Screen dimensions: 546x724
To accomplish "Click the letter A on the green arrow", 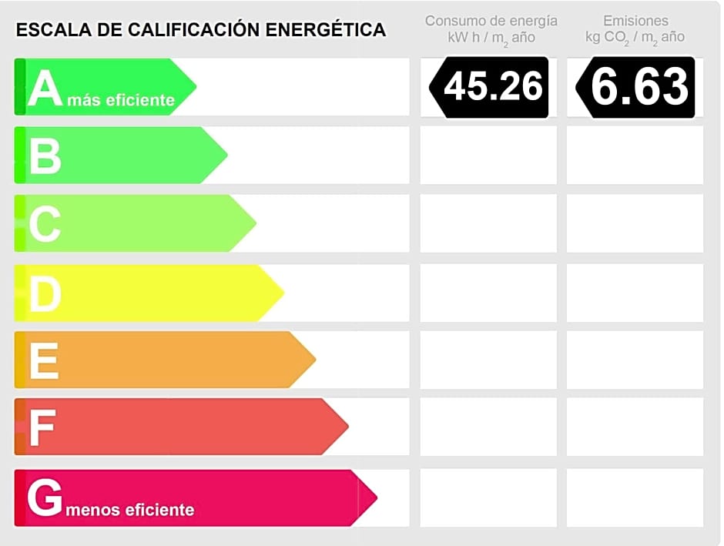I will (45, 88).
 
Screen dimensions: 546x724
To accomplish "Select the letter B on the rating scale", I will (45, 156).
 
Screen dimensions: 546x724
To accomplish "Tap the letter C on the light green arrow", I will (45, 224).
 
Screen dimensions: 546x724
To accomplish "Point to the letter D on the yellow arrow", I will (45, 293).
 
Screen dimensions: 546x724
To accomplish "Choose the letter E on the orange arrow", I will (44, 360).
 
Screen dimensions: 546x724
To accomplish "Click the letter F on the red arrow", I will (42, 428).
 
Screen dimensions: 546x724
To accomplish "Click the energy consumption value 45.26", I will (493, 86).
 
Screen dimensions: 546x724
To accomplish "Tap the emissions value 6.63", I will (639, 86).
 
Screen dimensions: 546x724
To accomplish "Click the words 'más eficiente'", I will (121, 100).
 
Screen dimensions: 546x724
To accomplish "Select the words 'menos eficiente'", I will (130, 510).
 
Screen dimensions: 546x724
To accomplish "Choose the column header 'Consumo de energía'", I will (491, 21).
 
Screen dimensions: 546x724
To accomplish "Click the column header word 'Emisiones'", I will (636, 21).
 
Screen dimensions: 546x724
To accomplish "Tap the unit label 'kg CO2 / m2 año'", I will (635, 38).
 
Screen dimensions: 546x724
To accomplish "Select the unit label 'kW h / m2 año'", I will (491, 38).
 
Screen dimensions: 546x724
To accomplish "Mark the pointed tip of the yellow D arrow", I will (284, 292).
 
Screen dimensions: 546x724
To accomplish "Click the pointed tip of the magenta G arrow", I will (377, 497).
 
